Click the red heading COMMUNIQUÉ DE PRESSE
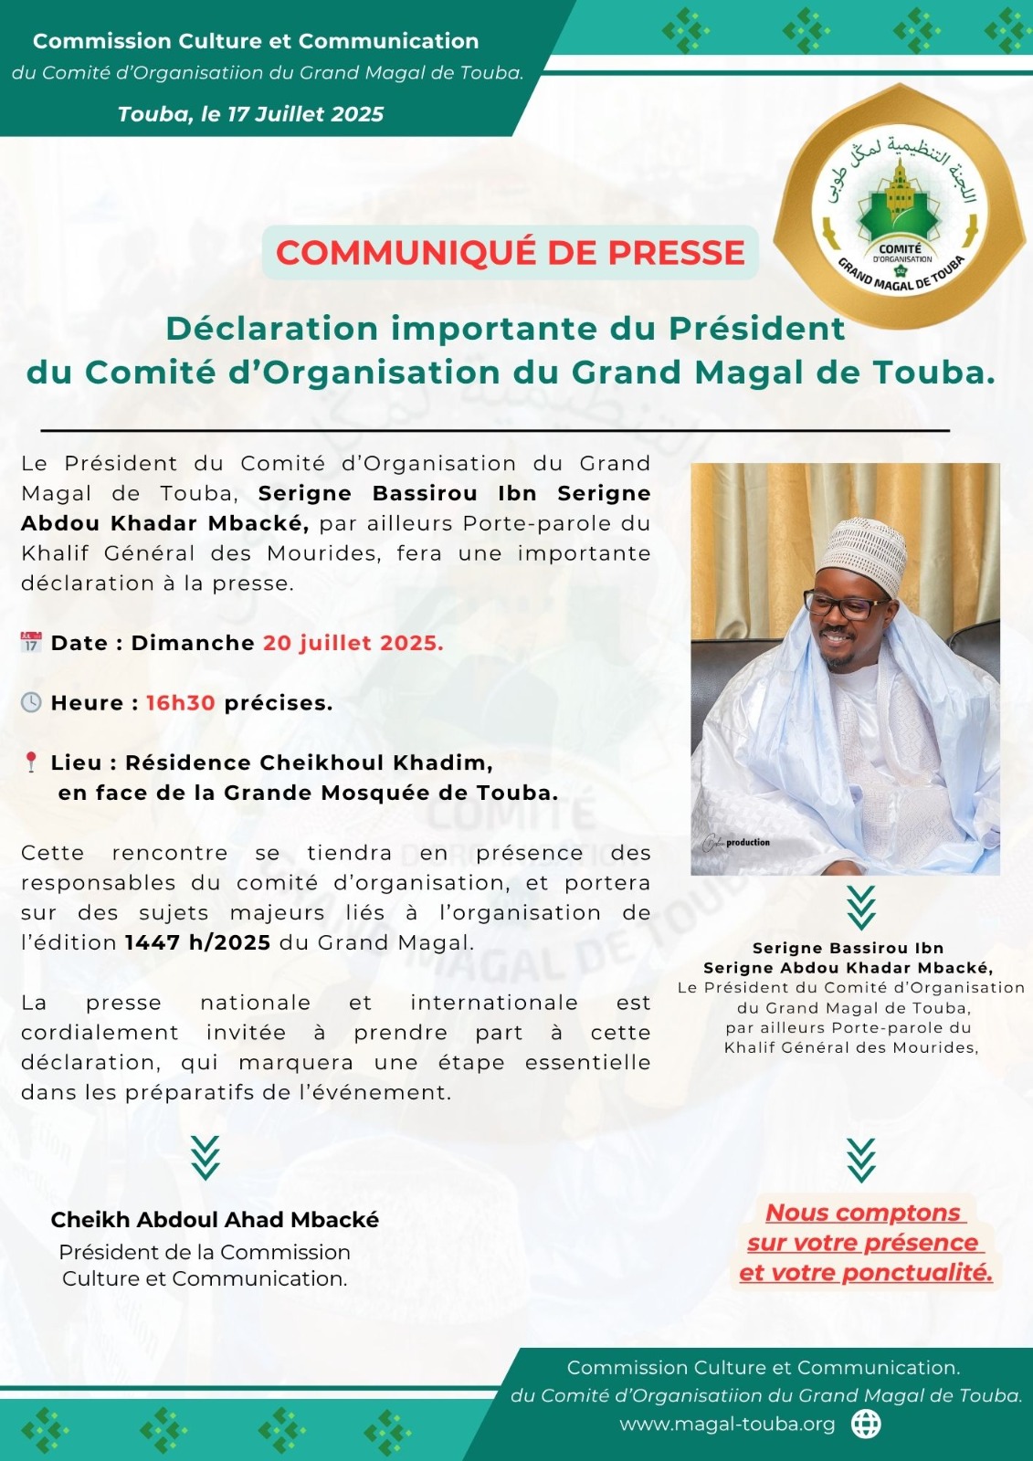coord(511,253)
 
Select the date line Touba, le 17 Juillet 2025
coord(250,114)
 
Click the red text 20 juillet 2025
coord(353,643)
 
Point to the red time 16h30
coord(181,703)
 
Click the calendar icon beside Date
coord(31,642)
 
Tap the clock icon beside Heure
coord(31,702)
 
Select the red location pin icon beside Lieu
coord(31,762)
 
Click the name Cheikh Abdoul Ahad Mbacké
coord(215,1220)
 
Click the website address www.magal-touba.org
coord(727,1424)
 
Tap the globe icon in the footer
coord(866,1424)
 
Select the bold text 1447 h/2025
coord(197,942)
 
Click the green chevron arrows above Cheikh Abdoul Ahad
coord(206,1158)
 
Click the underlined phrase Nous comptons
coord(863,1213)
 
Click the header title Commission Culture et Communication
coord(256,41)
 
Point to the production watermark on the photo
coord(737,843)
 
